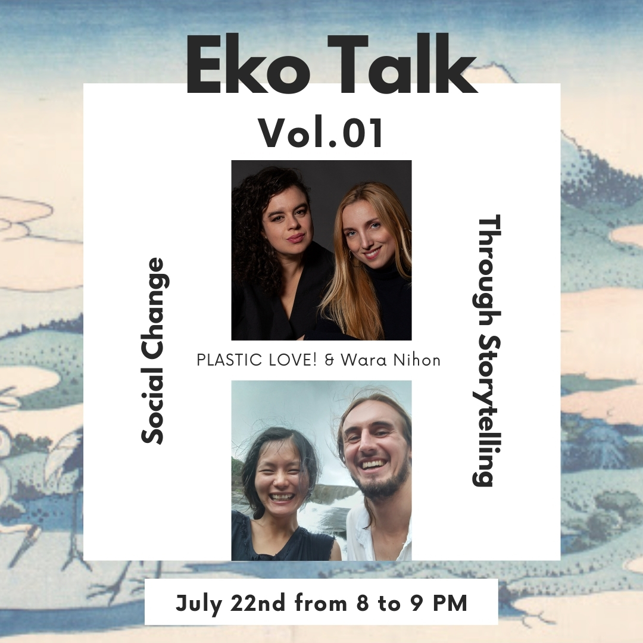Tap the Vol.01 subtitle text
[x=321, y=133]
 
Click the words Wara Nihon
[x=391, y=360]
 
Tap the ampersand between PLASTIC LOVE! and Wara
[x=329, y=360]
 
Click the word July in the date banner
[x=199, y=604]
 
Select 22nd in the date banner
[x=258, y=603]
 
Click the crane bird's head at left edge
[x=5, y=439]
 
